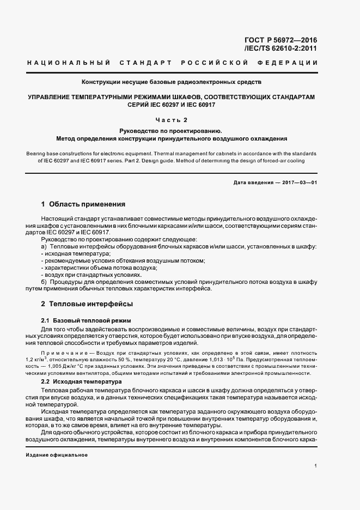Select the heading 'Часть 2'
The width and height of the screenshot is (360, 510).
[x=171, y=119]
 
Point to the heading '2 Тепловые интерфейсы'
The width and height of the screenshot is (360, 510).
[x=87, y=303]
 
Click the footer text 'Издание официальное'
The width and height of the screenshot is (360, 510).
[x=57, y=455]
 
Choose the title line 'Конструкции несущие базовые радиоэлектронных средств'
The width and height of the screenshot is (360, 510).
[x=171, y=82]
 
